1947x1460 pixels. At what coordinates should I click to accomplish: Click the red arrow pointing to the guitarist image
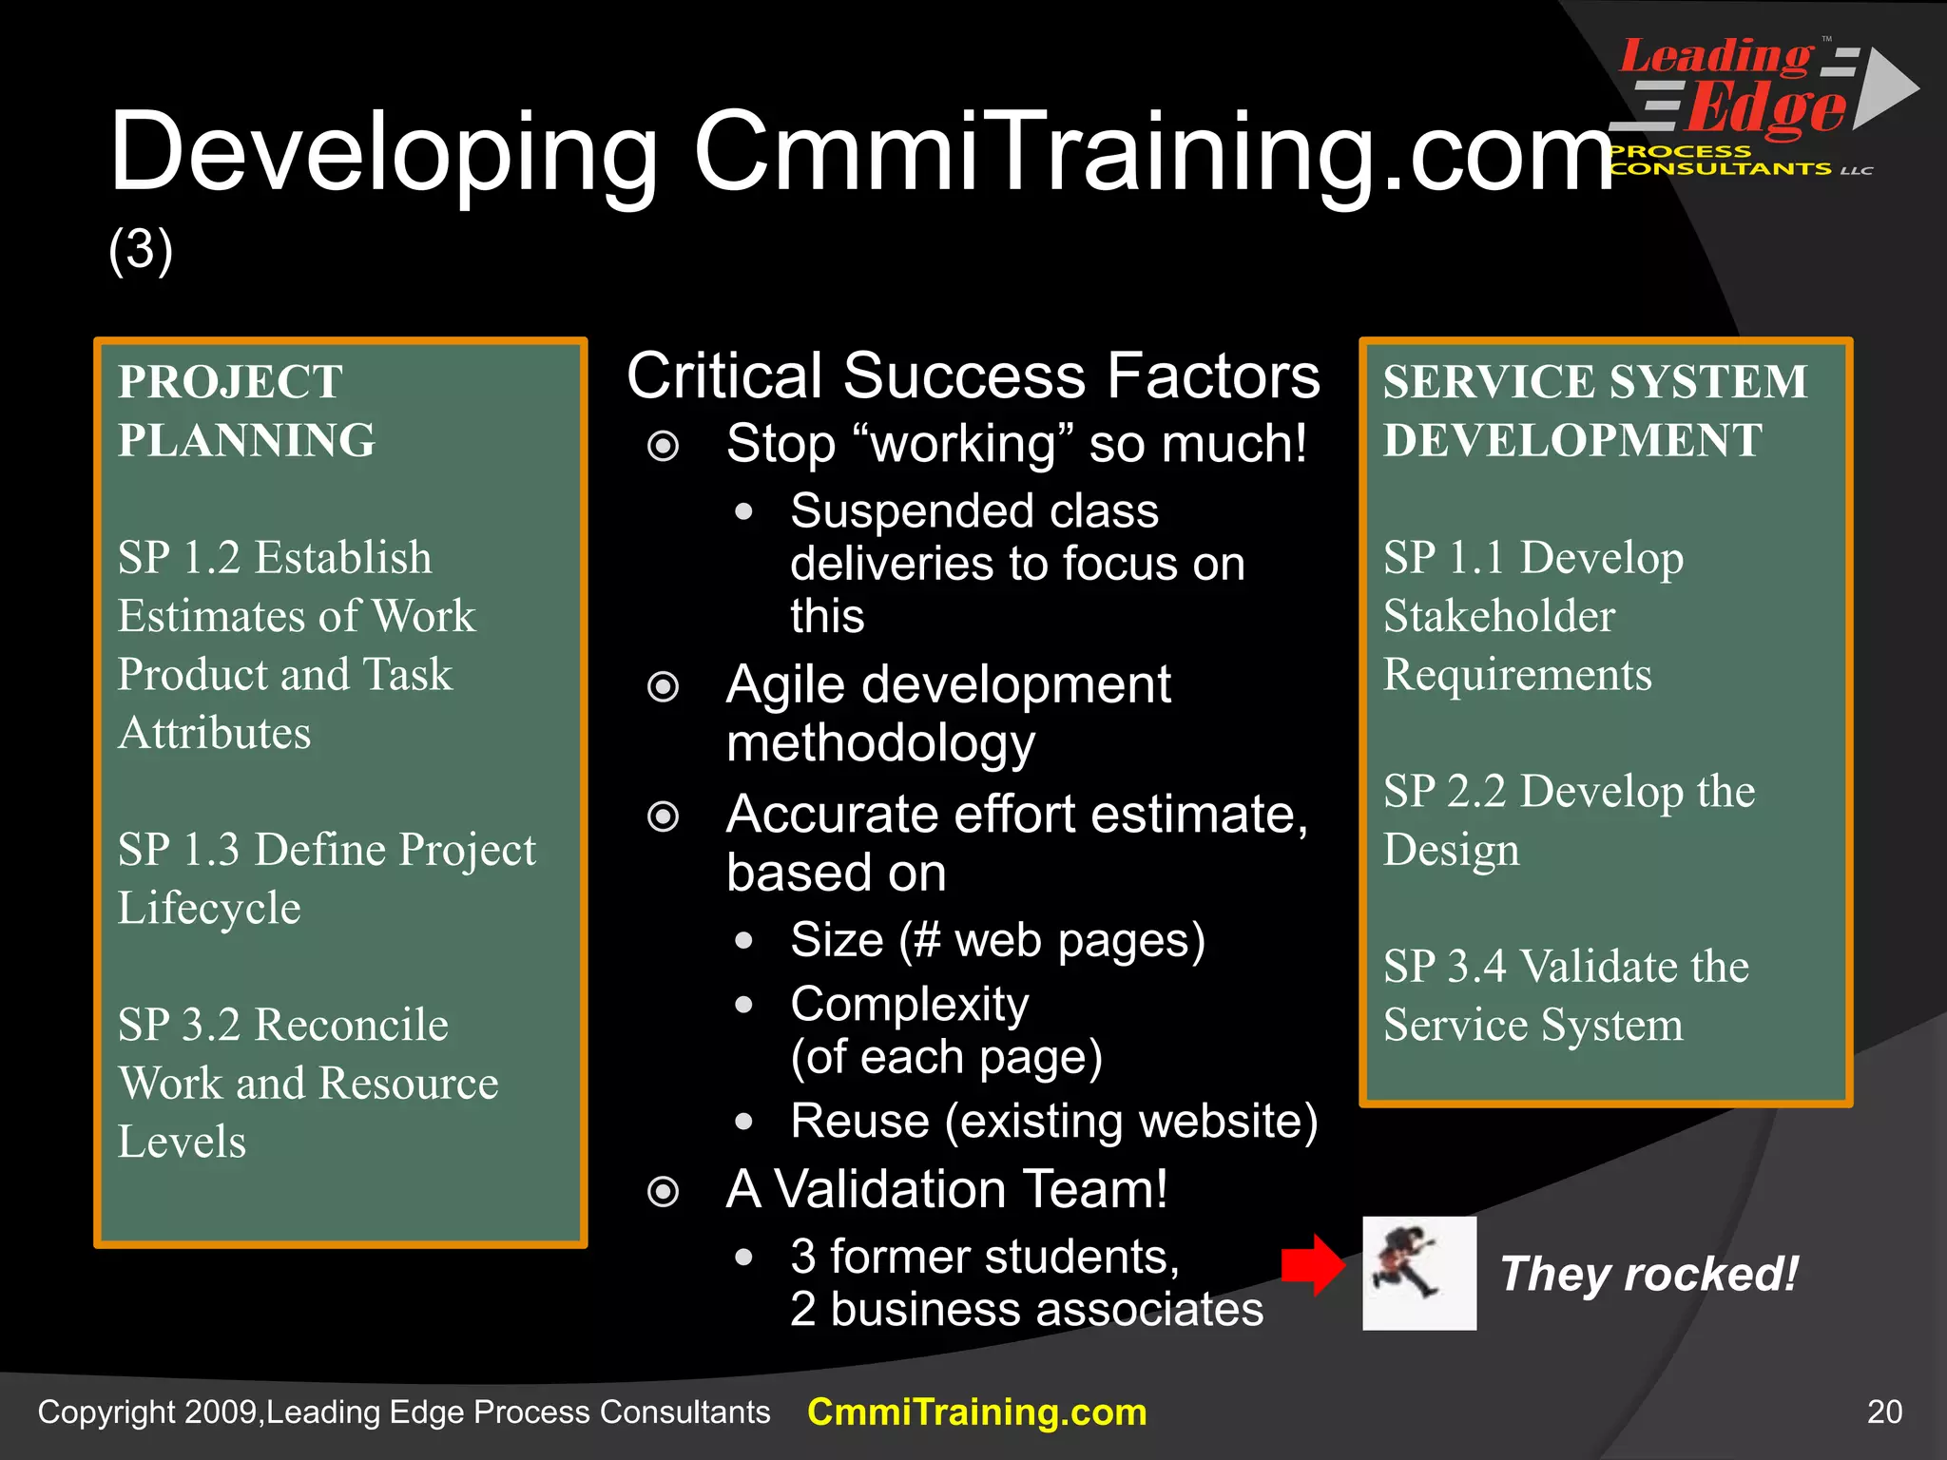coord(1313,1265)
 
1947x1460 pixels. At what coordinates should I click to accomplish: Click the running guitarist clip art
coord(1418,1273)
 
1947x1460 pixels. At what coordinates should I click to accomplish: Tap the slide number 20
coord(1884,1412)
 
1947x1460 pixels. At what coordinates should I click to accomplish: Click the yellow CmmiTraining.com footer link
coord(976,1412)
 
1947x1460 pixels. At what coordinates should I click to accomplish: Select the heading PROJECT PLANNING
coord(246,411)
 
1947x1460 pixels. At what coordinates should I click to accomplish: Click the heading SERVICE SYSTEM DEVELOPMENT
coord(1594,411)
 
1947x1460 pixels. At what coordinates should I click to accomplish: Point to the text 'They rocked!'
coord(1648,1274)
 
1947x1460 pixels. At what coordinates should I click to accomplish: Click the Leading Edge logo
coord(1759,105)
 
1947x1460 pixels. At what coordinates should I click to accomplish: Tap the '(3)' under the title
coord(141,250)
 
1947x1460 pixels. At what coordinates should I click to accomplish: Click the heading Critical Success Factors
coord(973,375)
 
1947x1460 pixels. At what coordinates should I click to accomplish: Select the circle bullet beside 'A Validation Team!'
coord(663,1191)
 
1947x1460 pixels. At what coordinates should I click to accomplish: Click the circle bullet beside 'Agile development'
coord(663,686)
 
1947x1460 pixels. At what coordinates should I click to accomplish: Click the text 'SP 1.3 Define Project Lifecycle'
coord(326,878)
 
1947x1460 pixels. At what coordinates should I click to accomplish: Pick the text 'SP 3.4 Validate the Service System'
coord(1565,995)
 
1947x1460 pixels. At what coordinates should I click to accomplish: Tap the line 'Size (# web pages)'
coord(997,940)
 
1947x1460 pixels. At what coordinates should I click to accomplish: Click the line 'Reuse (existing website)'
coord(1053,1121)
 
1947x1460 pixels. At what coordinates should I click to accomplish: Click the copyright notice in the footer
coord(403,1412)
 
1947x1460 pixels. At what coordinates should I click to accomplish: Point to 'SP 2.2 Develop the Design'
coord(1568,819)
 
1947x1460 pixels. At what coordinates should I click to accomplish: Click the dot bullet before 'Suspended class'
coord(743,512)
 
